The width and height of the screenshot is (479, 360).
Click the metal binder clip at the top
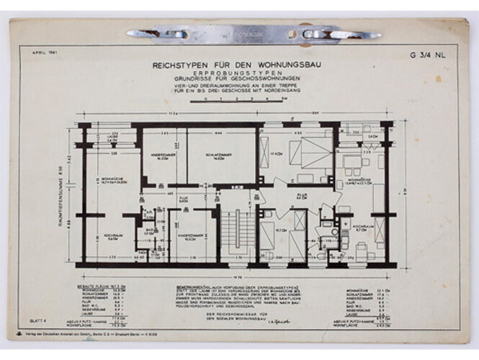tap(251, 33)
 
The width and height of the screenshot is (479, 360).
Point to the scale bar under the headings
tap(238, 101)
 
